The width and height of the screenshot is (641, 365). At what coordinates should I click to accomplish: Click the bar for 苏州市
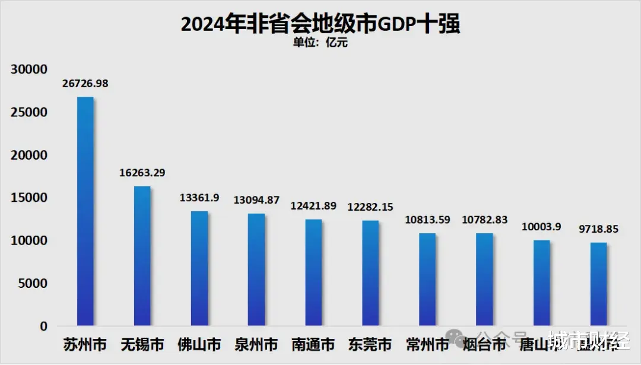85,211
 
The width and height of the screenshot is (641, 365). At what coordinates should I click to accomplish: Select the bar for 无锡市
142,256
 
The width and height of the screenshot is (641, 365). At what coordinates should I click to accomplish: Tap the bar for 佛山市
199,268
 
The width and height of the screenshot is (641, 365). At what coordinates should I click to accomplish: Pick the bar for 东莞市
370,273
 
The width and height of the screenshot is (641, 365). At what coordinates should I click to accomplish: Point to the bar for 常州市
427,280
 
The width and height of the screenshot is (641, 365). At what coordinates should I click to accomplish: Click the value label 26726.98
85,84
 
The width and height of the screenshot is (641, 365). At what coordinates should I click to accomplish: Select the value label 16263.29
142,173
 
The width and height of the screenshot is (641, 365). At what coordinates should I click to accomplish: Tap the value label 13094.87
256,200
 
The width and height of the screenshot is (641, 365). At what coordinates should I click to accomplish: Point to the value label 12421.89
313,206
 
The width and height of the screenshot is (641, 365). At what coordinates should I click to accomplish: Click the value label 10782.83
484,220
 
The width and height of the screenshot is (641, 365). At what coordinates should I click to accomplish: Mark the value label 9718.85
598,228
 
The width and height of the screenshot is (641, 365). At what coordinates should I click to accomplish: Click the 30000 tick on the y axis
29,69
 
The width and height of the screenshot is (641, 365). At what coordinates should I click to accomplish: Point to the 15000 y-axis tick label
29,198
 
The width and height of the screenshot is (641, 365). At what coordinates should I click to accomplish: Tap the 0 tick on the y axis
43,326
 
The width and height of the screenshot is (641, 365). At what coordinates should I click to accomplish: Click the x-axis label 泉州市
256,344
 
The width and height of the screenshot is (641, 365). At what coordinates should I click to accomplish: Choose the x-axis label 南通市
313,344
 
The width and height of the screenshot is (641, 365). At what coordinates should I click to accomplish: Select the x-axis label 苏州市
85,344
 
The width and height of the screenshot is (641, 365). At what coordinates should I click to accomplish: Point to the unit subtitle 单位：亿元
320,43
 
